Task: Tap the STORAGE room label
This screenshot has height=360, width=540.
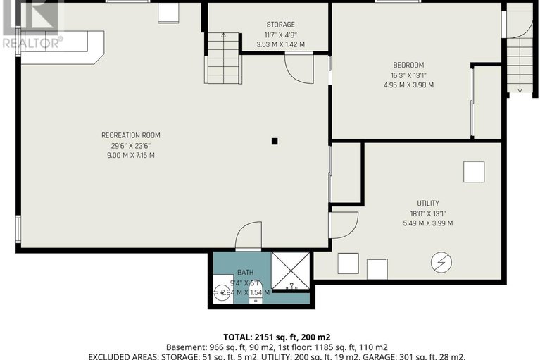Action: [x=270, y=25]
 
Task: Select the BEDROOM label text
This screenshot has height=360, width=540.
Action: [x=409, y=65]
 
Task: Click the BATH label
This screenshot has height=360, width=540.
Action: [x=245, y=272]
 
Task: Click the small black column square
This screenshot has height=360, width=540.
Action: [x=275, y=142]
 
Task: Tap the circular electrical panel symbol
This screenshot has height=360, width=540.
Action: [x=441, y=263]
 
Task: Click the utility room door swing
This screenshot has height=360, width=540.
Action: [x=343, y=224]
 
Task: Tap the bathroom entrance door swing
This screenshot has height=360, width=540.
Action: [x=249, y=236]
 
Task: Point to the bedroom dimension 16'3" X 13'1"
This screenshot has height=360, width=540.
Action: [x=409, y=75]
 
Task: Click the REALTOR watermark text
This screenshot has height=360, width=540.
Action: [x=32, y=42]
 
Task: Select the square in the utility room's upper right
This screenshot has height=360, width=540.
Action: [x=473, y=172]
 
